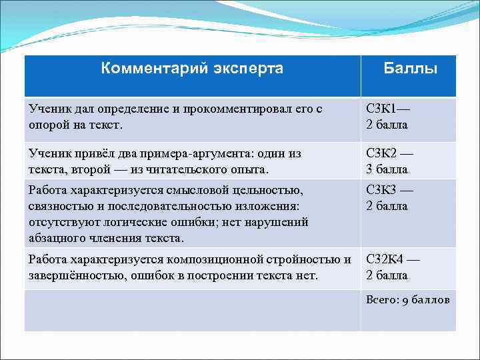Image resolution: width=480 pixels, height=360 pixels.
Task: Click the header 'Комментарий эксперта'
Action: tap(192, 68)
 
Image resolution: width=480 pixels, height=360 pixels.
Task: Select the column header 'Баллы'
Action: tap(410, 69)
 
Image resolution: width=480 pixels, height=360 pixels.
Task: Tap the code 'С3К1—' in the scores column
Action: tap(389, 109)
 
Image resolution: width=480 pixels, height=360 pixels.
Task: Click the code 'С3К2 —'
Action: tap(390, 154)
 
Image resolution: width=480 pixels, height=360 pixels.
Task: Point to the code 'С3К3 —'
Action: tap(390, 190)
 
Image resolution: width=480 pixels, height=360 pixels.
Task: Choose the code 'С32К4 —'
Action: tap(393, 259)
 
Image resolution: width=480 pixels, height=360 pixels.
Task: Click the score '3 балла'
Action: tap(387, 169)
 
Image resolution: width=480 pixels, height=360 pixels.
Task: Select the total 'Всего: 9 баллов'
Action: tap(407, 300)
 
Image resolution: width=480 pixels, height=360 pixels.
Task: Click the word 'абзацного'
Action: tap(54, 238)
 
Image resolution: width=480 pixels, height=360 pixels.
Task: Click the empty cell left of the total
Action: tap(192, 310)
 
